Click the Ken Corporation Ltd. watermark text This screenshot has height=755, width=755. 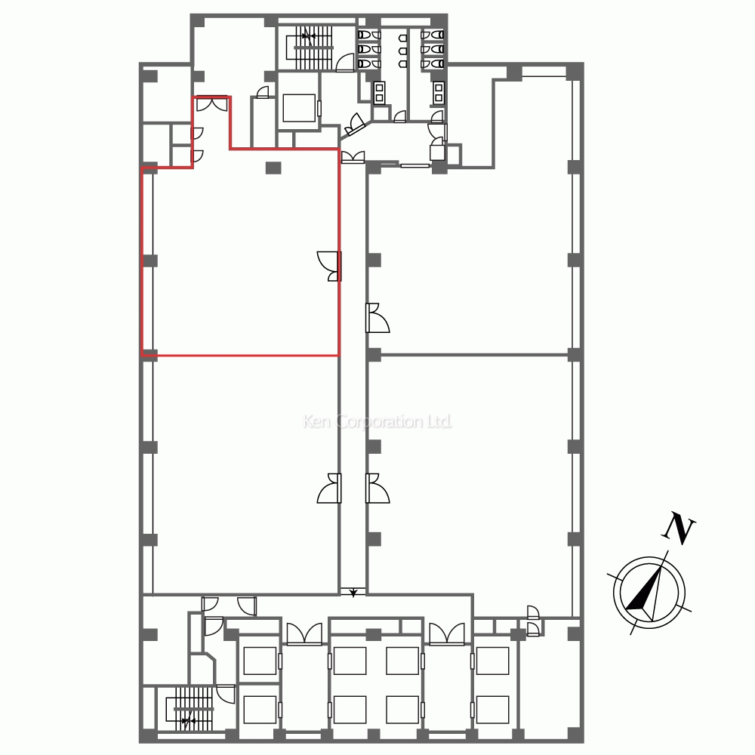[377, 422]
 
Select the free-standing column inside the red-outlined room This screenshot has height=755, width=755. [273, 168]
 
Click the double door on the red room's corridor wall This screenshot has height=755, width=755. [330, 266]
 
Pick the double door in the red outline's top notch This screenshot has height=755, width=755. [212, 104]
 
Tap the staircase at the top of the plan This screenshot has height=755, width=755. [313, 48]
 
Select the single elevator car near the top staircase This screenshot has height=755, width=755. [298, 108]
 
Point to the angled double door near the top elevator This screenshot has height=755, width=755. [356, 125]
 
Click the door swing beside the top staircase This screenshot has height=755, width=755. [345, 63]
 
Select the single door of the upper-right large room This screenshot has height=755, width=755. [377, 318]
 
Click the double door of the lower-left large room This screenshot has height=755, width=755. [330, 488]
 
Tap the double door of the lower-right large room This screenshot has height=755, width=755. [377, 488]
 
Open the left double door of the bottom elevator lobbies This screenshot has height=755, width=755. [304, 633]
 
